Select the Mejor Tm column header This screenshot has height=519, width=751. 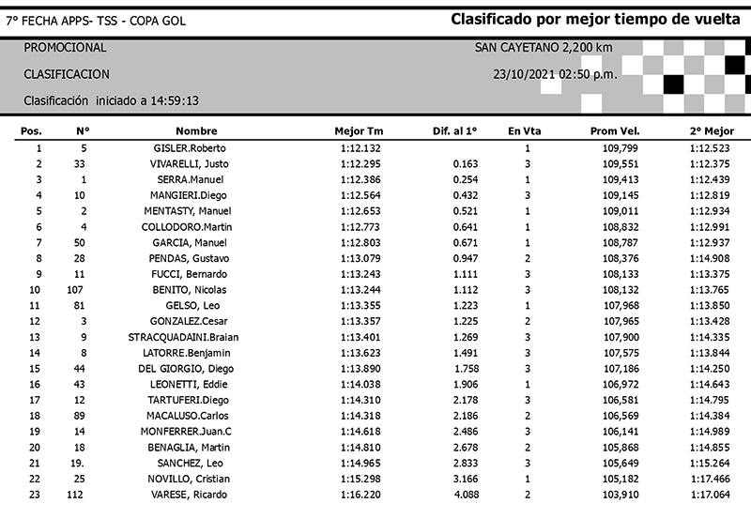click(359, 131)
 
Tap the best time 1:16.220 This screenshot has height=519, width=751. click(360, 495)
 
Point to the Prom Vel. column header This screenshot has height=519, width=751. click(615, 131)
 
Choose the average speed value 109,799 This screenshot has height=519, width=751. click(618, 148)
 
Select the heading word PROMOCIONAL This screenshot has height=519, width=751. click(65, 48)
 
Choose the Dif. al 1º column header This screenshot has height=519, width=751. click(455, 131)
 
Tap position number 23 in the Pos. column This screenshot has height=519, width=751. click(38, 495)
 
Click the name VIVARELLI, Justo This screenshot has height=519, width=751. click(192, 164)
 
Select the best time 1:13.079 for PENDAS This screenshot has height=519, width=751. click(360, 258)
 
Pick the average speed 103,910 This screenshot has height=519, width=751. click(618, 495)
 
